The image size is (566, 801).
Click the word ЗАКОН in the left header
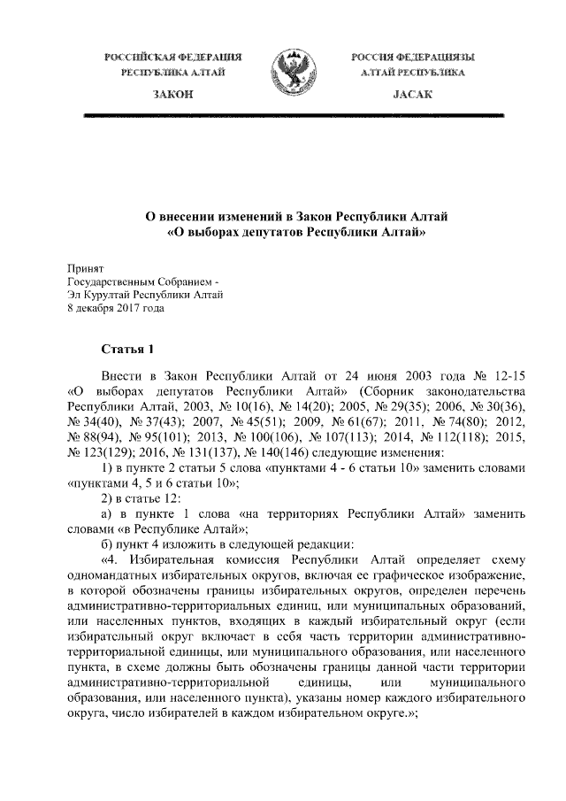(173, 93)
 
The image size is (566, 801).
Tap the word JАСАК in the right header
(400, 93)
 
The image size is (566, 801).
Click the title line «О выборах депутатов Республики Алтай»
(284, 234)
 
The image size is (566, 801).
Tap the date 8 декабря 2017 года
(115, 308)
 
